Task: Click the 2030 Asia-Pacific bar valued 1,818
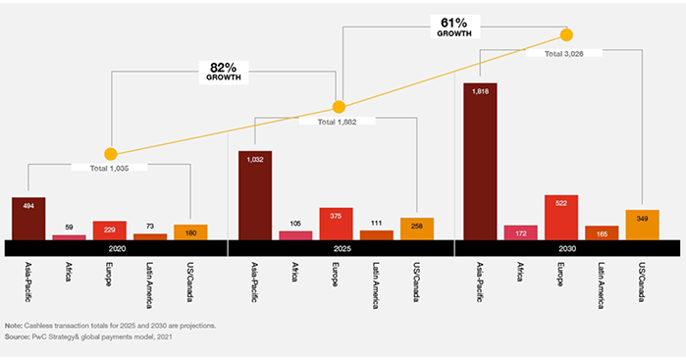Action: pos(479,161)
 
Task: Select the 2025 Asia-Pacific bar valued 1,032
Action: pos(254,195)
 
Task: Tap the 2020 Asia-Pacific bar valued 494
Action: pos(28,218)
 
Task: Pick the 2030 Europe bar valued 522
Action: pos(560,217)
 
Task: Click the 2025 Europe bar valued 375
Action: pos(336,224)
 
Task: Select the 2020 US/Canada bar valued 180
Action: pos(190,231)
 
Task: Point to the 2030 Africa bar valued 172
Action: pos(520,232)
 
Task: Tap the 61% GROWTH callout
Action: pos(453,26)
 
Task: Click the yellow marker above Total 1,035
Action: pos(111,154)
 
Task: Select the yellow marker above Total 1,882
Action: pos(339,106)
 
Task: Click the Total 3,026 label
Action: pos(566,53)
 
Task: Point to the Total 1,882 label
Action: pos(340,121)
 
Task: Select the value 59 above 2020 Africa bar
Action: pos(69,228)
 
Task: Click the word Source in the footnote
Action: pos(17,336)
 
